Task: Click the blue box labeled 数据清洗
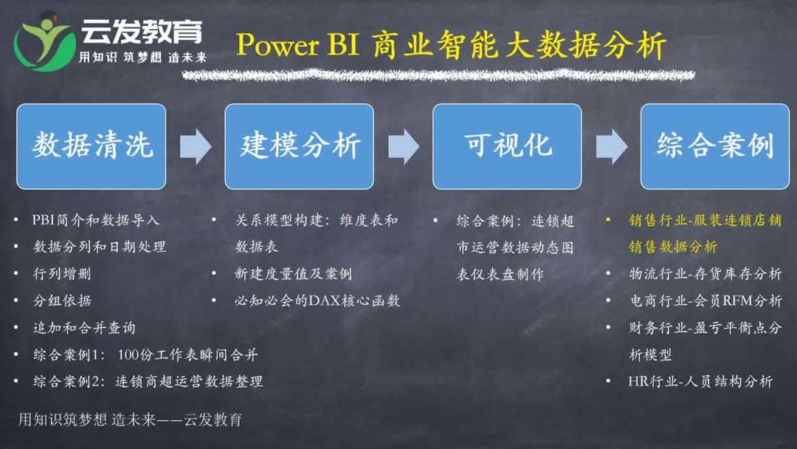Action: [92, 146]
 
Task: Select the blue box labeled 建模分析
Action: [299, 146]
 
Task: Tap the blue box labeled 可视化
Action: [507, 146]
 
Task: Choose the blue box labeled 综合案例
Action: [715, 146]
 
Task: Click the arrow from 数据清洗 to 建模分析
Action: [195, 146]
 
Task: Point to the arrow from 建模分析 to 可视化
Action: [403, 146]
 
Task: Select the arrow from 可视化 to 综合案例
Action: [611, 146]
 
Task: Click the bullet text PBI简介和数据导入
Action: [96, 220]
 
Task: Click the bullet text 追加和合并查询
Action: [84, 328]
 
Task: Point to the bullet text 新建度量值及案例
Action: [293, 274]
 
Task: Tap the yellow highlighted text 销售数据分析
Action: [672, 247]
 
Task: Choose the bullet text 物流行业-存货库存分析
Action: [705, 274]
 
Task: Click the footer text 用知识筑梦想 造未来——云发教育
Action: [130, 420]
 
